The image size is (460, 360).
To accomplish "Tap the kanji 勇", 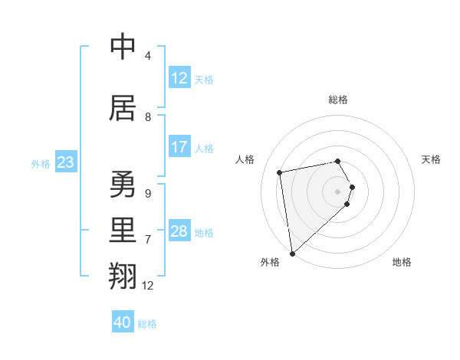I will (123, 185).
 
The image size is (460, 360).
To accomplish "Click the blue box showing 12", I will (179, 78).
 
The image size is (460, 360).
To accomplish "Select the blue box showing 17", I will (179, 147).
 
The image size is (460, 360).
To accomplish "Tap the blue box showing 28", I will (179, 231).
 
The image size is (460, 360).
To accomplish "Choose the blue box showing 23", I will (65, 162).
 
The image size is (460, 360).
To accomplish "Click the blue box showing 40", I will (123, 322).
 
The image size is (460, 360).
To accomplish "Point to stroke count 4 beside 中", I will (147, 56).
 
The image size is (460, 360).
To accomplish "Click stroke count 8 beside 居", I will (148, 117).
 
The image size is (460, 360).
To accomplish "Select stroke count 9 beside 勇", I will (148, 194).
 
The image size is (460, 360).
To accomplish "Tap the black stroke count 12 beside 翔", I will (148, 286).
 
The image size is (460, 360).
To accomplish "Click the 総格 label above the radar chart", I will (337, 100).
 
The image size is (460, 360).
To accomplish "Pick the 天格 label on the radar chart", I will (431, 159).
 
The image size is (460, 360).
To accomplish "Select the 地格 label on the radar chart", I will (402, 262).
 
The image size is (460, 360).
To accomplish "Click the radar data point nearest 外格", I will (291, 253).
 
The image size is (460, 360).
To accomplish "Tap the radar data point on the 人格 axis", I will (280, 172).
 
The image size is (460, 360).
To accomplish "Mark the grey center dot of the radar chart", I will (337, 191).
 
